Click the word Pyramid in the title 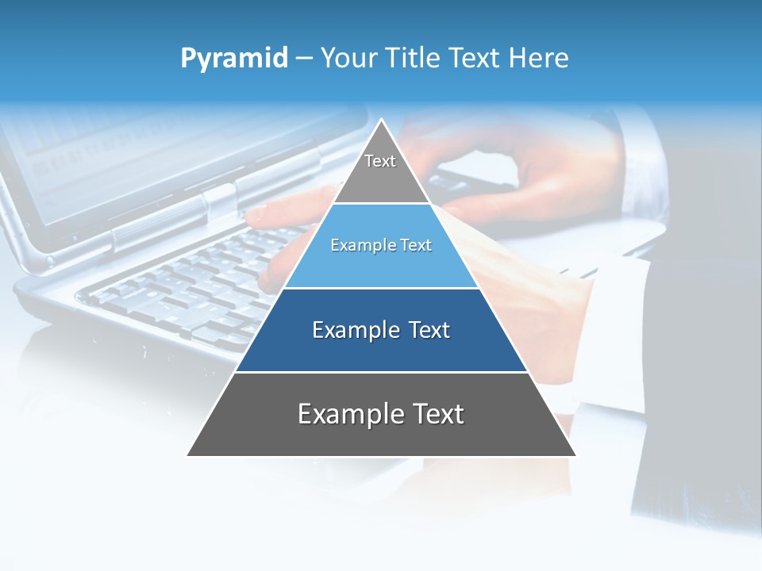pyautogui.click(x=234, y=59)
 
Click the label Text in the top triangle pyautogui.click(x=380, y=161)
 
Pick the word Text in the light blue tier pyautogui.click(x=417, y=246)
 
